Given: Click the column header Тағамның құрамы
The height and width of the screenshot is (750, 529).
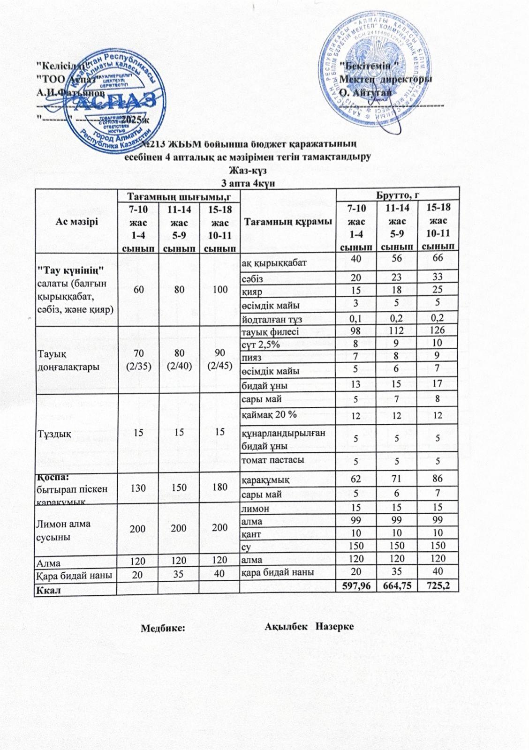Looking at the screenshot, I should (x=287, y=220).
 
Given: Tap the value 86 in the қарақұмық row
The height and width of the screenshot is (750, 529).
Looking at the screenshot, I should (x=438, y=480).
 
